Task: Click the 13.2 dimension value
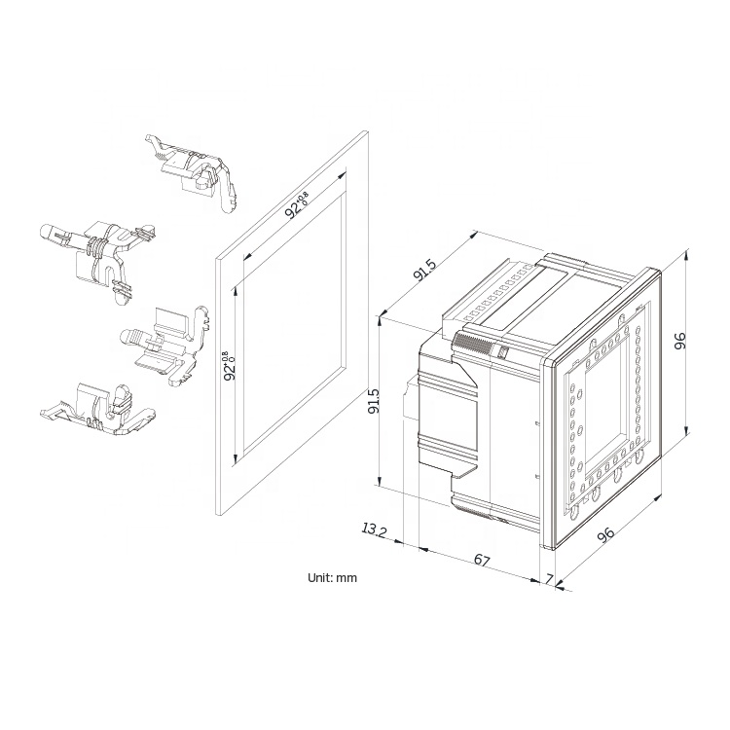tap(375, 530)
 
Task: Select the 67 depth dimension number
tap(482, 560)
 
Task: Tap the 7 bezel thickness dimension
tap(549, 579)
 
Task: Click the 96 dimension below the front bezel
tap(606, 534)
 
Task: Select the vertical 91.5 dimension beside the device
tap(374, 401)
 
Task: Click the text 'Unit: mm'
tap(332, 578)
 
